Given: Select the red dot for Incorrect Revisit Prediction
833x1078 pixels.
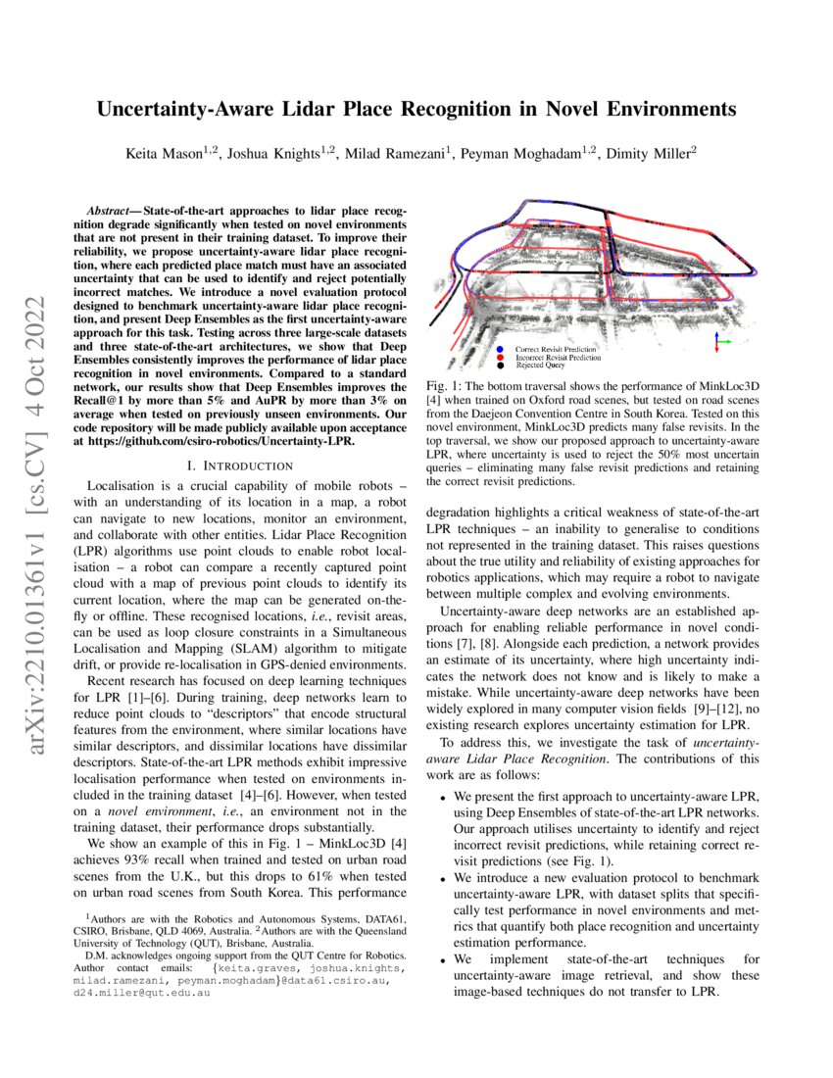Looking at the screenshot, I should coord(501,358).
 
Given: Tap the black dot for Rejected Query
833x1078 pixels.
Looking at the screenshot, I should coord(501,365).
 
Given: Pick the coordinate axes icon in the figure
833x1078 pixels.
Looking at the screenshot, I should coord(722,341).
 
